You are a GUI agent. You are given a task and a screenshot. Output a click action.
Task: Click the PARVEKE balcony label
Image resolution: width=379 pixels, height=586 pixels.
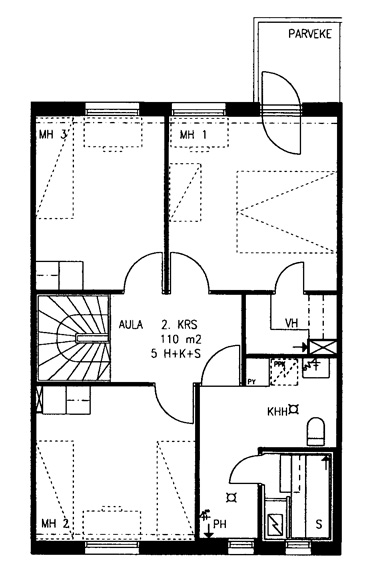point(310,34)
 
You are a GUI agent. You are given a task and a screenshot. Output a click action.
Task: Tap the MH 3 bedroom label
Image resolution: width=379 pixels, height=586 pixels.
point(53,134)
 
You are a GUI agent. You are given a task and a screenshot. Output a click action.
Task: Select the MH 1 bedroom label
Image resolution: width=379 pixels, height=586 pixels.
point(193,135)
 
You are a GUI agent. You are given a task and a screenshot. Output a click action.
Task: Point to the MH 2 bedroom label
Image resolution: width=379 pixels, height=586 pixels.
point(55,523)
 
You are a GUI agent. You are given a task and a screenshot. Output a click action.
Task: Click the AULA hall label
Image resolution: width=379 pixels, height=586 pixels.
point(131,324)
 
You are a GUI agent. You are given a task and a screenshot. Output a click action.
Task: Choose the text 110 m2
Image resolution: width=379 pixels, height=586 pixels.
point(181,339)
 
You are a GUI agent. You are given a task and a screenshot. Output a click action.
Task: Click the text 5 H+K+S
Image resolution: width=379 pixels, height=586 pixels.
point(176,354)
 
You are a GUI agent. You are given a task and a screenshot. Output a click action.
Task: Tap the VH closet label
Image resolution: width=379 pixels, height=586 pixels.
point(292,323)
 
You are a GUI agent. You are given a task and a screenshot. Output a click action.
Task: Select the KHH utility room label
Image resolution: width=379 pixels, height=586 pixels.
point(277,412)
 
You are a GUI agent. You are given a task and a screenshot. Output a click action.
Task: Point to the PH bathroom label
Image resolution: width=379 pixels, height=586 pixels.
point(220,524)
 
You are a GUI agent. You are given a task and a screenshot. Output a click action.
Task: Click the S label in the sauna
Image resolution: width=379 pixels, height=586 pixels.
point(319,525)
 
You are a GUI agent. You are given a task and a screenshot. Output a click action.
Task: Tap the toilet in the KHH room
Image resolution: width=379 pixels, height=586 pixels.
point(316,432)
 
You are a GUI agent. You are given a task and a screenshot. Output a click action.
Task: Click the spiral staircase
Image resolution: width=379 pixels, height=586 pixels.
point(74,338)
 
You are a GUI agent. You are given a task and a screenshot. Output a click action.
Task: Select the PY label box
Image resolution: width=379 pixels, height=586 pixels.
point(252,382)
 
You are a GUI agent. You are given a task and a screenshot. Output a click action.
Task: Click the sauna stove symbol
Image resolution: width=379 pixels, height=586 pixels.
point(275,524)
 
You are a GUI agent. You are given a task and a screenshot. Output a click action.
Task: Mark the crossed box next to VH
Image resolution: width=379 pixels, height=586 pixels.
point(322,347)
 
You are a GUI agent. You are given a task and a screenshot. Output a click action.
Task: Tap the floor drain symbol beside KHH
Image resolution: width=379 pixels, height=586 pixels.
point(294,410)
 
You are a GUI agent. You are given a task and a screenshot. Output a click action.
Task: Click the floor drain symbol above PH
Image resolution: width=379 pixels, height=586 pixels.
point(232,497)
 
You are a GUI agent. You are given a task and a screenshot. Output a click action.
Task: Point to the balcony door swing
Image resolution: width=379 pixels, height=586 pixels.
point(281,113)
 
